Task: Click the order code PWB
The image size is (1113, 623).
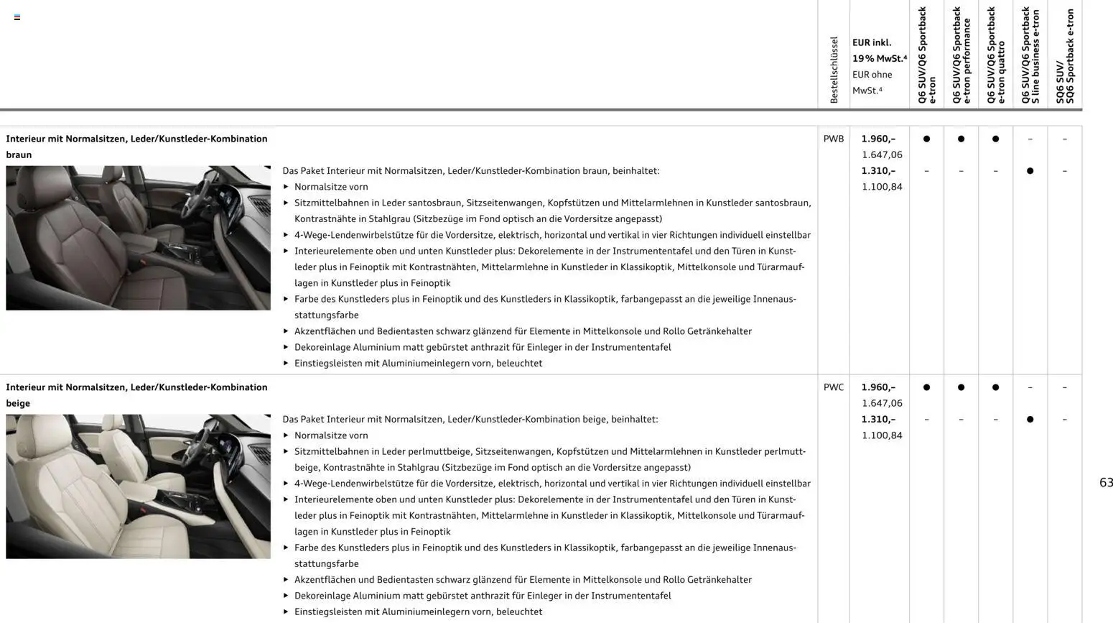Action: (x=833, y=139)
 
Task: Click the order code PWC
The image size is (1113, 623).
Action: (x=833, y=387)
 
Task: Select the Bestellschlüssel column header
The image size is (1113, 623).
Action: (x=834, y=70)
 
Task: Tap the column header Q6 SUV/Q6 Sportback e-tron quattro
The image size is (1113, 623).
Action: (x=995, y=55)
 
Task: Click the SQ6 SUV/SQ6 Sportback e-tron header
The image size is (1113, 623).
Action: (x=1064, y=56)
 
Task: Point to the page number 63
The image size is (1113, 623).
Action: (x=1105, y=483)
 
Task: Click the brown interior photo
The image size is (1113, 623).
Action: (x=138, y=238)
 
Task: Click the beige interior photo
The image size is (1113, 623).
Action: (x=138, y=486)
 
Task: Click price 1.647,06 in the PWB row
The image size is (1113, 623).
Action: (x=882, y=154)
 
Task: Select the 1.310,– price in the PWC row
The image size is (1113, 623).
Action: (x=878, y=419)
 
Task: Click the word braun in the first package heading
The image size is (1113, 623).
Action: (x=19, y=154)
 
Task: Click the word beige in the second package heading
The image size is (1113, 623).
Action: (x=18, y=403)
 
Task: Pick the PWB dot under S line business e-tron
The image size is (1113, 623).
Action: (x=1030, y=171)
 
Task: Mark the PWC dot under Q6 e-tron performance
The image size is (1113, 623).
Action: (x=961, y=387)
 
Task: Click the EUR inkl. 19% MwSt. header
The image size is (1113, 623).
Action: (x=879, y=50)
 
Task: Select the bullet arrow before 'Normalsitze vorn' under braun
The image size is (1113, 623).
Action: (x=286, y=187)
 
